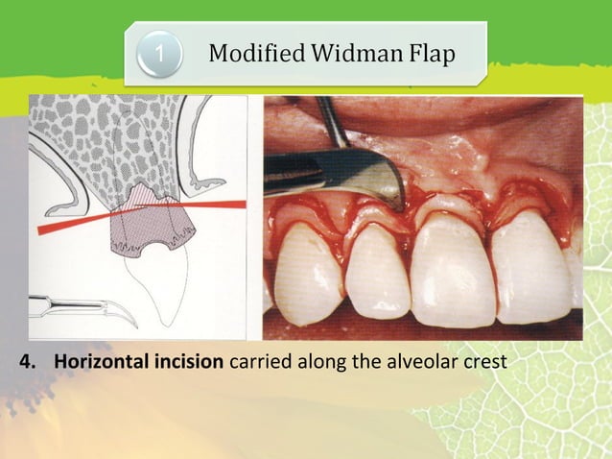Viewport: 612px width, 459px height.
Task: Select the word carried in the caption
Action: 258,364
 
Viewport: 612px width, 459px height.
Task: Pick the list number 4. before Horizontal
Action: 30,364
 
